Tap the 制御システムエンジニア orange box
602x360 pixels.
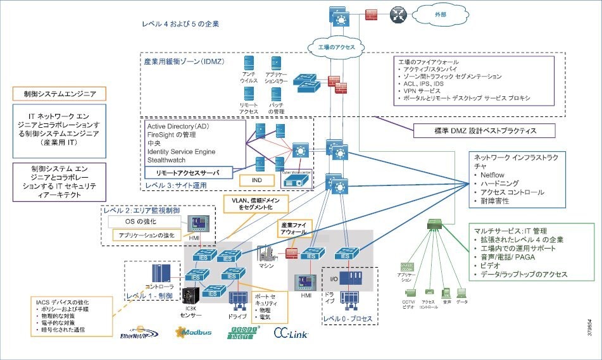pos(59,94)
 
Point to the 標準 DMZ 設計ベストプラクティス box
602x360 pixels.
pos(484,131)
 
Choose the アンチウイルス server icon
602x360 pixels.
pos(249,63)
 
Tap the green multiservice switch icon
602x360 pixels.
pos(436,223)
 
